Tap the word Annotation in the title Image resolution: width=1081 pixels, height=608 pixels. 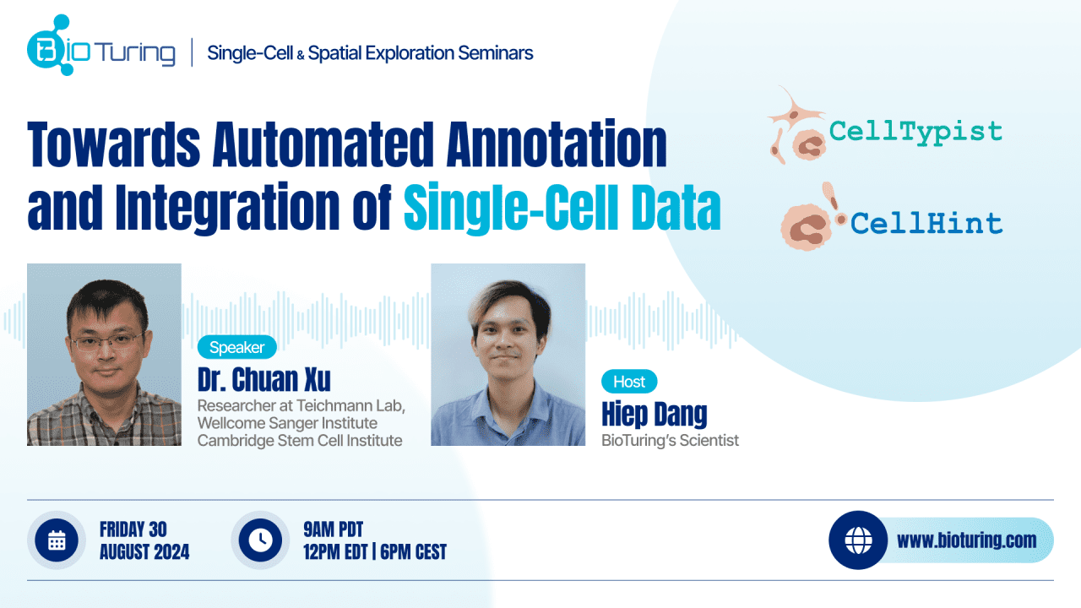pos(557,144)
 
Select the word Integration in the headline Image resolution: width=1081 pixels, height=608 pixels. pos(227,208)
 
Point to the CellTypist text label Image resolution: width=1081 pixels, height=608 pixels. pos(915,132)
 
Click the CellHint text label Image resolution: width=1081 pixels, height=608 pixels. pos(926,224)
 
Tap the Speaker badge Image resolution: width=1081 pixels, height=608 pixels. pos(237,347)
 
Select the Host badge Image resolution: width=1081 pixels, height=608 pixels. pos(629,382)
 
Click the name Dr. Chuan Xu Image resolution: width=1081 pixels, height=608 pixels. pos(264,379)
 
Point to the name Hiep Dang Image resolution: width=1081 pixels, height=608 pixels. pos(654,414)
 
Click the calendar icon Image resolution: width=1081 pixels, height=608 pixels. pos(57,540)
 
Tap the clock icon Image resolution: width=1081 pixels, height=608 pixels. pos(260,540)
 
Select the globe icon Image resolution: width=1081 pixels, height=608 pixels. pos(858,540)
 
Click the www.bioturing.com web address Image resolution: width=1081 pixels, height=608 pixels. pos(967,540)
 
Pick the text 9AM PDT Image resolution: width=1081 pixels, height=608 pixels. pos(333,529)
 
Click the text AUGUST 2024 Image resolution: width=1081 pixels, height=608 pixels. pos(144,551)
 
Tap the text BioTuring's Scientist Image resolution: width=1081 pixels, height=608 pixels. pos(670,440)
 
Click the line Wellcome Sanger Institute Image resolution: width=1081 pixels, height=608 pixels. pos(287,423)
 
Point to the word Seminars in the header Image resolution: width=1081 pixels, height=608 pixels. pos(495,53)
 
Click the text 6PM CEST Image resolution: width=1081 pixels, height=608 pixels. pos(413,551)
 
